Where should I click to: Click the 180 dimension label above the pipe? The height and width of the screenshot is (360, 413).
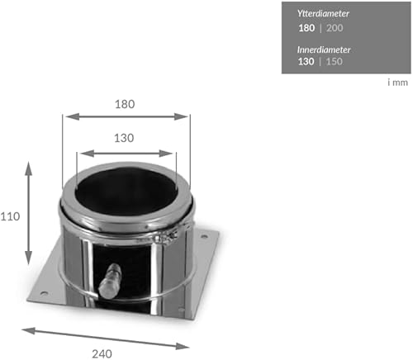126,105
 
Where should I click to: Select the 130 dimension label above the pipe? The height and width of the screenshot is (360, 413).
126,139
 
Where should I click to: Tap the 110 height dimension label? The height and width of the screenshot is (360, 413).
11,216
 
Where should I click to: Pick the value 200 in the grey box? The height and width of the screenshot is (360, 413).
335,28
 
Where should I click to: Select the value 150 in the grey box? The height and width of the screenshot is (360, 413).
335,62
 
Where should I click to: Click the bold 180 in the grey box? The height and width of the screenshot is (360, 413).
307,28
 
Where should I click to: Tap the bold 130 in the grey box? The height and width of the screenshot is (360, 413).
307,62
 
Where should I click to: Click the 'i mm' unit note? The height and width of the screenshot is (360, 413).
398,82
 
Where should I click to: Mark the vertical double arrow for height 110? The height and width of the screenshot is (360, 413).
30,212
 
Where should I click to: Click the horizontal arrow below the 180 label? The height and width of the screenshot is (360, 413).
126,117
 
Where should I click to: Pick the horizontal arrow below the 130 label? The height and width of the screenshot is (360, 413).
126,154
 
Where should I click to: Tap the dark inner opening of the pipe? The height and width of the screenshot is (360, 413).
126,193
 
